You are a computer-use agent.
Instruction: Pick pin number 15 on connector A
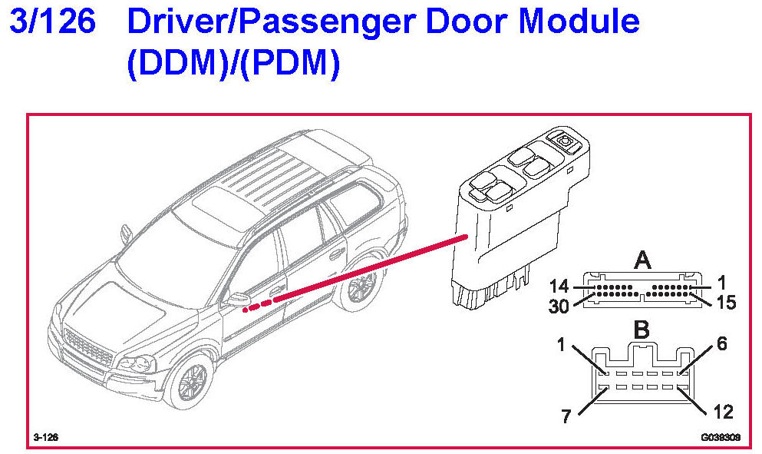(724, 303)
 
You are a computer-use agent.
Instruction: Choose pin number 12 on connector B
(722, 412)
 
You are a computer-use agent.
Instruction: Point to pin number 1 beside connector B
(562, 346)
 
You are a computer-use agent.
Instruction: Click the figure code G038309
(718, 437)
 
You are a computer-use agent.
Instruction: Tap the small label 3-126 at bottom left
(46, 437)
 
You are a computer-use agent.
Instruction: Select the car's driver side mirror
(236, 299)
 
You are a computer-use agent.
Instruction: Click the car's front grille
(87, 349)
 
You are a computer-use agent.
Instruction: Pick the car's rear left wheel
(357, 289)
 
